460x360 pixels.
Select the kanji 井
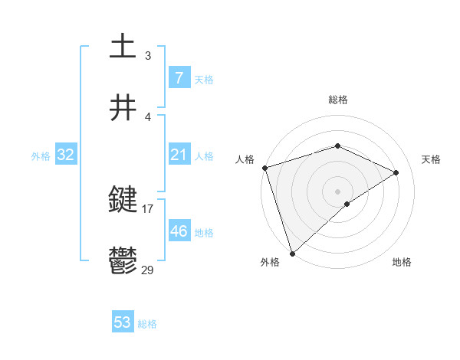tap(123, 108)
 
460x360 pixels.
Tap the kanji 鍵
tap(123, 201)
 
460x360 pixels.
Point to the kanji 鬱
tap(123, 262)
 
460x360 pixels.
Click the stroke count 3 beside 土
tap(148, 55)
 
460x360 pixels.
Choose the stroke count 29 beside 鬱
tap(148, 270)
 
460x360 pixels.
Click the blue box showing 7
tap(179, 78)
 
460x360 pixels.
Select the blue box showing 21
tap(179, 155)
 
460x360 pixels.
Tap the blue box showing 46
tap(179, 231)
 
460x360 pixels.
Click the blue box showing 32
tap(65, 155)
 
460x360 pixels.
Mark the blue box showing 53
tap(123, 322)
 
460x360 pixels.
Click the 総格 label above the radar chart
tap(337, 100)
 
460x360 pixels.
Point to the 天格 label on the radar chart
tap(431, 159)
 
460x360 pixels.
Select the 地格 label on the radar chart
tap(402, 262)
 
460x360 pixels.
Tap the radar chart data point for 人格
tap(264, 168)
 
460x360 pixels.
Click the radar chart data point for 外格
tap(292, 253)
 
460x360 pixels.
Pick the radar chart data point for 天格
tap(396, 172)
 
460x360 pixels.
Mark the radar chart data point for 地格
tap(347, 204)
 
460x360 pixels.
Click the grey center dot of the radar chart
tap(337, 191)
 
